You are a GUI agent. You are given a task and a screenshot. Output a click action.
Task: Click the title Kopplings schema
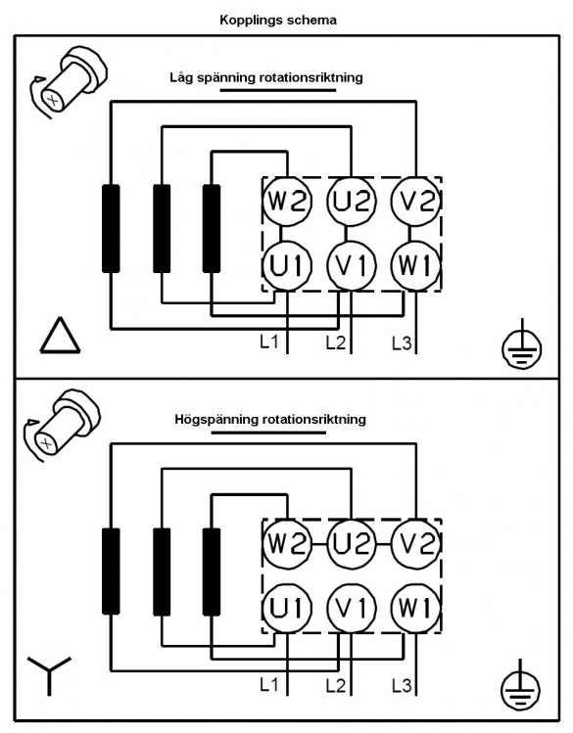click(x=278, y=21)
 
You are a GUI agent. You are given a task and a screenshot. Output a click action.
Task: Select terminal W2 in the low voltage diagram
click(x=287, y=202)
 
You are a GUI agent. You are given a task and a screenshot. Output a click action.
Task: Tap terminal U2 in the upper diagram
click(x=352, y=202)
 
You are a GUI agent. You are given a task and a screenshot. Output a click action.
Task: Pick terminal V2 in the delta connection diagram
click(x=416, y=202)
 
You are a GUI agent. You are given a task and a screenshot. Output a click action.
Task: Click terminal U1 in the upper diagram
click(x=287, y=266)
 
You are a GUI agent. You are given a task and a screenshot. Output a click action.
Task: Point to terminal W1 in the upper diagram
click(x=416, y=266)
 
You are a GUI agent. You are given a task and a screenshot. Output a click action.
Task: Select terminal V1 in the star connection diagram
click(x=352, y=608)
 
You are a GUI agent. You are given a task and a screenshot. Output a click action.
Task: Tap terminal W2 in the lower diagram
click(x=287, y=544)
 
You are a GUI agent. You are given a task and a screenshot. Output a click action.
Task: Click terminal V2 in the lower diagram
click(x=416, y=544)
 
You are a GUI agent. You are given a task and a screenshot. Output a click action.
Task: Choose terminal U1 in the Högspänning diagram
click(x=287, y=608)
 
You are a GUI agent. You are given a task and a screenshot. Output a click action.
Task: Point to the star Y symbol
click(x=49, y=675)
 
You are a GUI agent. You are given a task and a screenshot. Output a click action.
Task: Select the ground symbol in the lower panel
click(x=521, y=687)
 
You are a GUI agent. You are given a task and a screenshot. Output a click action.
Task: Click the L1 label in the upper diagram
click(x=269, y=342)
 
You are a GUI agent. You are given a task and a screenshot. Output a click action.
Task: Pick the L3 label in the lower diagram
click(x=402, y=686)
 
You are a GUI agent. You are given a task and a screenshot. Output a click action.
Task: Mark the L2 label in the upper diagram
click(x=335, y=343)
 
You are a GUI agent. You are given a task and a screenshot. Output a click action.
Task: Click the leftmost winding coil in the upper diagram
click(x=111, y=228)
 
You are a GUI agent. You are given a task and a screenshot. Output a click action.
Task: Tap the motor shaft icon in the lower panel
click(x=63, y=425)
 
